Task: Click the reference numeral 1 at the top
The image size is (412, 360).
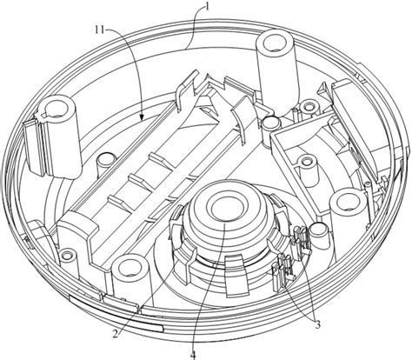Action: (x=207, y=7)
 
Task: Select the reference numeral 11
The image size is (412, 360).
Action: (x=100, y=30)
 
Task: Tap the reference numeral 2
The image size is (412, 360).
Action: (x=116, y=334)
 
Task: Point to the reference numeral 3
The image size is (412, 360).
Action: (x=317, y=324)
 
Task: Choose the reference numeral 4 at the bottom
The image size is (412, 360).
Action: (x=193, y=355)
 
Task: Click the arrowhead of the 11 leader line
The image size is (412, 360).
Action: (x=142, y=117)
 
